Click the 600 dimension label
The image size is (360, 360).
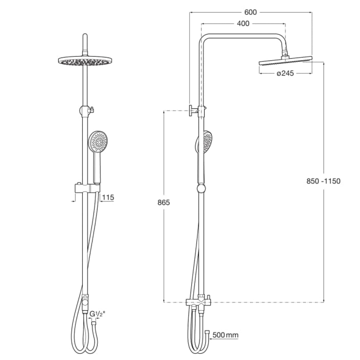click(251, 12)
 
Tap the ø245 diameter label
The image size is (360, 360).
click(285, 73)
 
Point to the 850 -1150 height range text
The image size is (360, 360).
click(323, 181)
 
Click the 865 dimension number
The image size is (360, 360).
click(163, 202)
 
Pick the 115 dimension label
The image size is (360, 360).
click(108, 197)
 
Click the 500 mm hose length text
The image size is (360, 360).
click(225, 335)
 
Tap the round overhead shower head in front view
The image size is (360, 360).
click(85, 61)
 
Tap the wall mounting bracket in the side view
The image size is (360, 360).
click(194, 111)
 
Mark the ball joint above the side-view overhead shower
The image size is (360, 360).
click(285, 55)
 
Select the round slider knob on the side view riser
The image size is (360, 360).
click(201, 188)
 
